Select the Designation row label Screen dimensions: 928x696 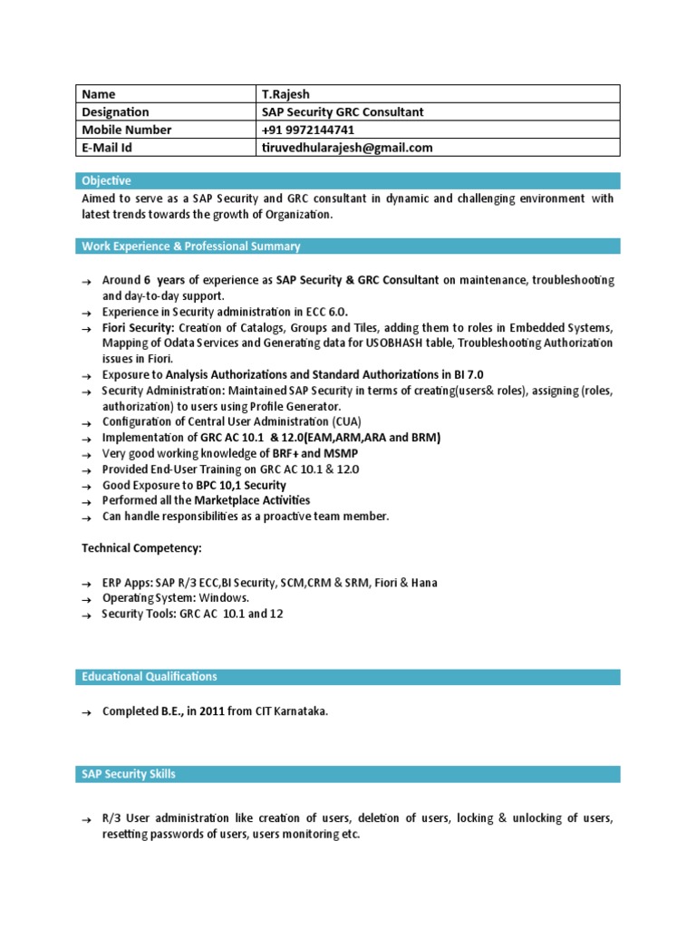116,112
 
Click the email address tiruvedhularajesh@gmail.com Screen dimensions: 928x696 346,148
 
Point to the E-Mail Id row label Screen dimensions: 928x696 108,148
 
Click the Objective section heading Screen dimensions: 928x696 107,181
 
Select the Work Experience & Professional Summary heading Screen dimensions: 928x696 191,246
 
